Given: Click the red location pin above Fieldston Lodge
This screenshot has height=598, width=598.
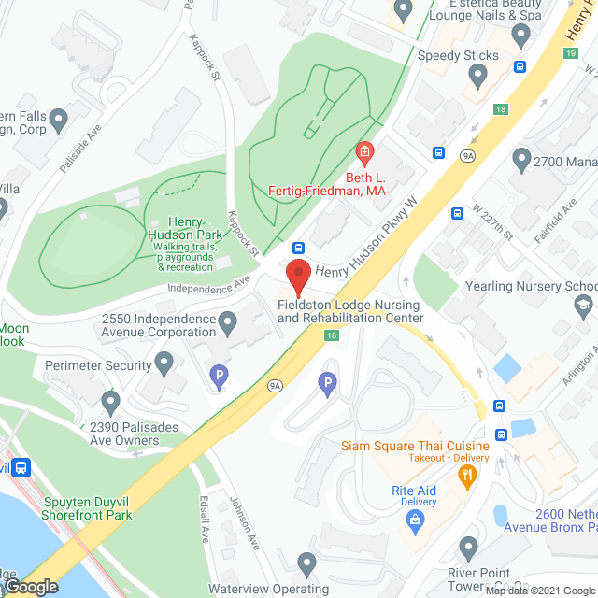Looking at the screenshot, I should [x=297, y=278].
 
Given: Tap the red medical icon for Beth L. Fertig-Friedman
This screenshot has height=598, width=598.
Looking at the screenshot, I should [x=364, y=151].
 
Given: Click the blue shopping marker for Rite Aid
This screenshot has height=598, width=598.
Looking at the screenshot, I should [x=412, y=528].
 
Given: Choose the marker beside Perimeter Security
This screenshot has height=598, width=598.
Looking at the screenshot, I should [x=164, y=361].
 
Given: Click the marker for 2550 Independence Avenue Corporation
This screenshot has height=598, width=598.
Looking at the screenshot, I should [x=226, y=324].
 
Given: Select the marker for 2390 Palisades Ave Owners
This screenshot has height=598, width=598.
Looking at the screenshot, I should [x=111, y=403].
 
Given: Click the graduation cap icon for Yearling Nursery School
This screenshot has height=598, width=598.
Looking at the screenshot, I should [x=582, y=305].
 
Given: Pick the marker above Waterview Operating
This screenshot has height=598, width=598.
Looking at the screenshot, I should [x=306, y=563].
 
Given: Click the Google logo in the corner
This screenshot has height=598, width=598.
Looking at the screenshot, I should [x=30, y=586].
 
